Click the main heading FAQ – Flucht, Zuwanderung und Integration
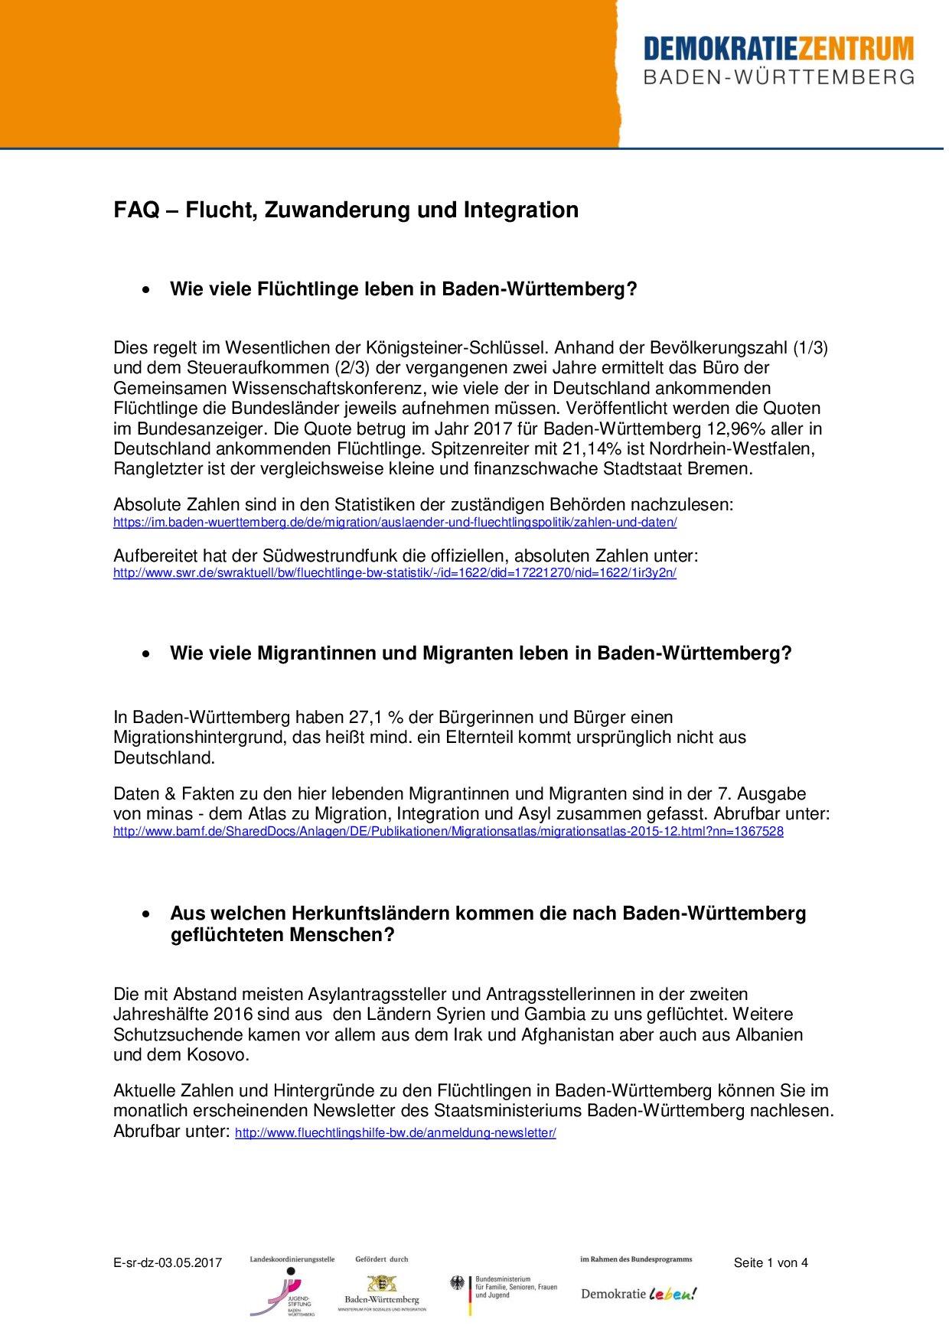tap(346, 210)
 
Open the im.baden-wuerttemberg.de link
tap(395, 523)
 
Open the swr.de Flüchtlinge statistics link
tap(395, 573)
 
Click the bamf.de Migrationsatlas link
tap(448, 831)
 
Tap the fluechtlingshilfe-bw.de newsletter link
tap(395, 1133)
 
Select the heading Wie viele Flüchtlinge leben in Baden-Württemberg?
tap(403, 290)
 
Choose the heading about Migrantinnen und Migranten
tap(481, 653)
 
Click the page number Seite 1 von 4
tap(770, 1263)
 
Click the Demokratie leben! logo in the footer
tap(639, 1293)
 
